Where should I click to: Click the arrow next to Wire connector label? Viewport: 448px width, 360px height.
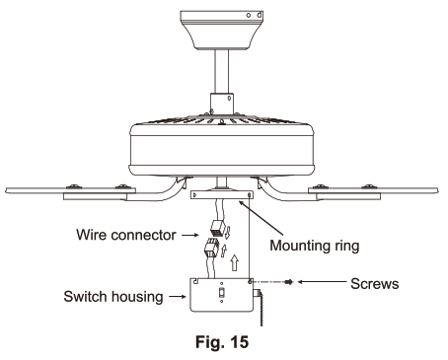(x=190, y=235)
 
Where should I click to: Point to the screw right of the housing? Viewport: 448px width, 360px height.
(x=286, y=282)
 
